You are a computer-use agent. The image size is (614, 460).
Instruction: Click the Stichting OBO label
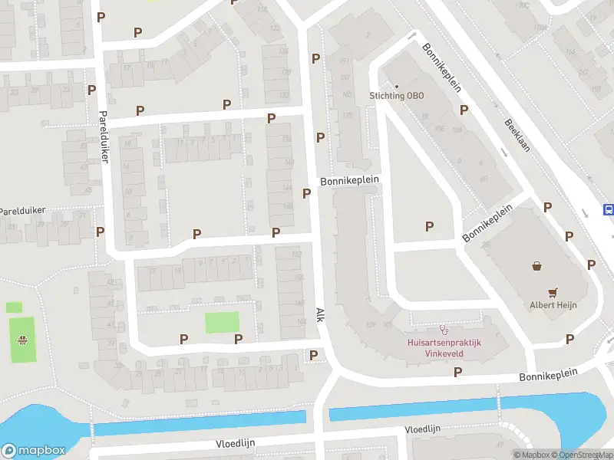click(x=396, y=96)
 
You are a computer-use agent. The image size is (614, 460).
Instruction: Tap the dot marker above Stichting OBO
click(x=397, y=85)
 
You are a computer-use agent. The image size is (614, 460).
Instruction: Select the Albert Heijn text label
click(x=553, y=304)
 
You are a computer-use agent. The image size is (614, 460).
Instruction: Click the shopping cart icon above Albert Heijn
click(x=553, y=292)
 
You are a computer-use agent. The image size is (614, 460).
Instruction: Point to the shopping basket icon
click(x=537, y=267)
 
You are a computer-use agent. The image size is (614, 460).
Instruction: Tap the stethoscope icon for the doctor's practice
click(x=443, y=330)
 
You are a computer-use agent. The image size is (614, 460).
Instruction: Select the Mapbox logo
click(x=32, y=450)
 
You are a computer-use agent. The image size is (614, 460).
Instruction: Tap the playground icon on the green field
click(x=24, y=340)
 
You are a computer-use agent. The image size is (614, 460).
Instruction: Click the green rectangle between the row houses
click(x=222, y=322)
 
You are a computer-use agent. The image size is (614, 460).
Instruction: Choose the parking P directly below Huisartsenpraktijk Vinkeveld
click(x=458, y=372)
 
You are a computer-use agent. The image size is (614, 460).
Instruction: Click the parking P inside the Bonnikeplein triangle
click(x=429, y=225)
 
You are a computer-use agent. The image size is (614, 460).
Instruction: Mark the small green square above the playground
click(x=14, y=307)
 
